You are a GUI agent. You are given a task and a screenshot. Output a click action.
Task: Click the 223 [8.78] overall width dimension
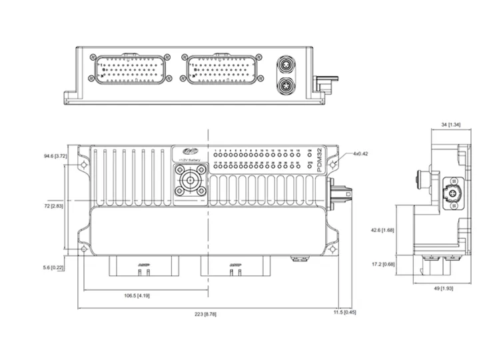pyautogui.click(x=205, y=313)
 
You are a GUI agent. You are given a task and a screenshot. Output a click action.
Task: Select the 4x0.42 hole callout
pyautogui.click(x=360, y=154)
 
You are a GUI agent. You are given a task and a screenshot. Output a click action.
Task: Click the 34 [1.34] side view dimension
pyautogui.click(x=451, y=125)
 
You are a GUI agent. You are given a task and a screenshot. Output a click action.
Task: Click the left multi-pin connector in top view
pyautogui.click(x=129, y=69)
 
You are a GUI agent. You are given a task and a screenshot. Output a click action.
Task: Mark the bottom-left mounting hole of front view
pyautogui.click(x=83, y=249)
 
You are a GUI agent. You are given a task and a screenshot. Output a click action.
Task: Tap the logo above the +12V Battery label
pyautogui.click(x=181, y=152)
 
